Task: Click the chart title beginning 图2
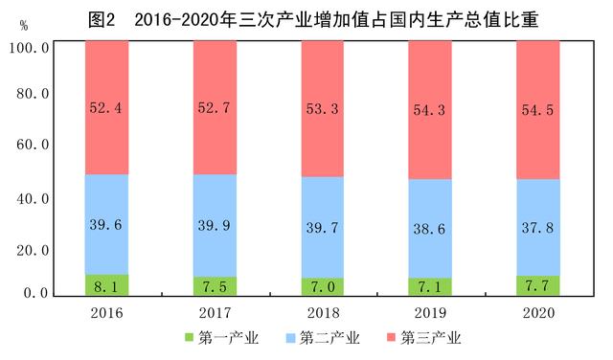(x=306, y=17)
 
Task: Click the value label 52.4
(x=106, y=108)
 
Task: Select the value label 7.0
(x=322, y=285)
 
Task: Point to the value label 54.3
(x=430, y=108)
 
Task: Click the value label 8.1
(x=106, y=285)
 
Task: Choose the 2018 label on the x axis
(x=322, y=313)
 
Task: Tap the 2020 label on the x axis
(x=537, y=313)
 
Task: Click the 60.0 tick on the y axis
(x=33, y=146)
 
